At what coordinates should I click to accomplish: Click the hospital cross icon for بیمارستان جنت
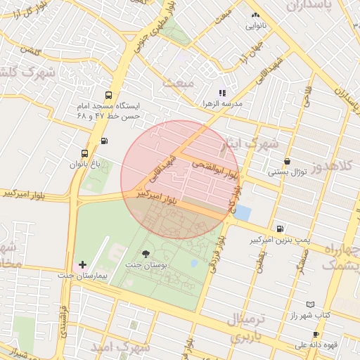click(83, 265)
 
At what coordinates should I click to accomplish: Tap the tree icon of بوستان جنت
click(146, 253)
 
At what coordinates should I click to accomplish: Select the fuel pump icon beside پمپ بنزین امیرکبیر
click(281, 229)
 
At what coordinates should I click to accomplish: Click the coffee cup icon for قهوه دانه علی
click(316, 334)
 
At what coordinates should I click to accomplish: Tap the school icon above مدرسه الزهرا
click(222, 92)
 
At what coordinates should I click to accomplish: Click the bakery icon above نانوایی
click(255, 15)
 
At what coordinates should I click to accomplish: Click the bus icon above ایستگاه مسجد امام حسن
click(108, 95)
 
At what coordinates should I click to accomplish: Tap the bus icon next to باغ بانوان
click(85, 153)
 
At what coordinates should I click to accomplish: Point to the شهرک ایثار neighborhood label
click(256, 143)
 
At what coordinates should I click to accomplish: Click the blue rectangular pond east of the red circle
click(242, 212)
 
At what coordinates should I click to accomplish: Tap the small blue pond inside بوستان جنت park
click(194, 264)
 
